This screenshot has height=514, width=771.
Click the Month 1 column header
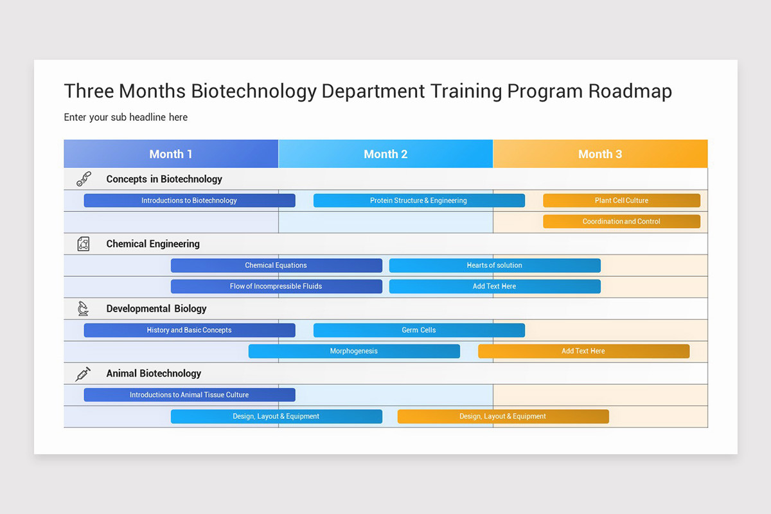[x=171, y=154]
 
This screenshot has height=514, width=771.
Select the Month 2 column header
[x=385, y=154]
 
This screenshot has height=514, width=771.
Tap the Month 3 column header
[x=600, y=154]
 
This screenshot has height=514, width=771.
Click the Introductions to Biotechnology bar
[x=190, y=200]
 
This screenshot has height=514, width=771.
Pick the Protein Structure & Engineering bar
[x=419, y=200]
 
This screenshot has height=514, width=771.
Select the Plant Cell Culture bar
[x=621, y=200]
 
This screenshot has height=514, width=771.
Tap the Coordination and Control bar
[x=621, y=222]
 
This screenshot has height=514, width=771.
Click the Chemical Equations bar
[x=276, y=265]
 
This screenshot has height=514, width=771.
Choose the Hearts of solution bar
[x=495, y=265]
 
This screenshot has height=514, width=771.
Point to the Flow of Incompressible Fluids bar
[x=276, y=287]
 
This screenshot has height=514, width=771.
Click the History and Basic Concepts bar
[x=190, y=330]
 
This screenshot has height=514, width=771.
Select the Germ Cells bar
[x=419, y=330]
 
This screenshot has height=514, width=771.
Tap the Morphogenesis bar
[x=354, y=351]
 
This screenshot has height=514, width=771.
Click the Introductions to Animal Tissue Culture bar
[x=190, y=395]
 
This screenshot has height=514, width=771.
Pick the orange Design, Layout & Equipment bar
[x=503, y=416]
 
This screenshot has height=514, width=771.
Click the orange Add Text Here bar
[x=583, y=351]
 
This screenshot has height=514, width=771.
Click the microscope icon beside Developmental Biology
[x=83, y=309]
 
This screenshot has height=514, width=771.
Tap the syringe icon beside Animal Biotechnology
[x=83, y=374]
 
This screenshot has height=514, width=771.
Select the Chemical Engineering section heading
[x=153, y=244]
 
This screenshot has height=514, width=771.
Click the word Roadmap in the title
[x=630, y=91]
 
